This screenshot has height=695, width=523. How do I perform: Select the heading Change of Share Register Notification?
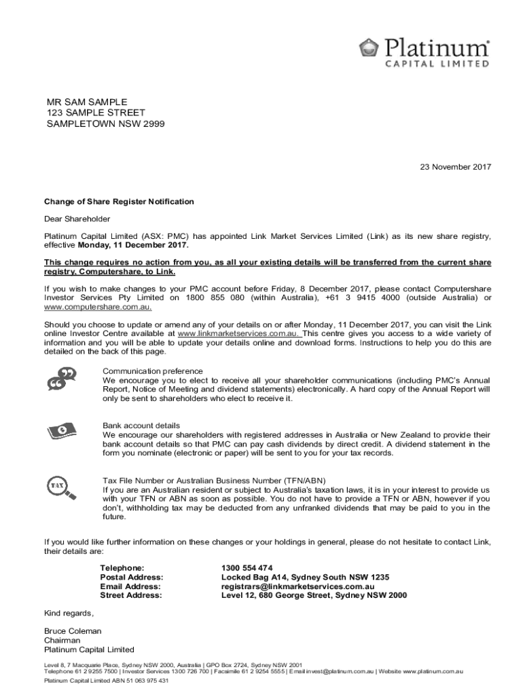pos(119,202)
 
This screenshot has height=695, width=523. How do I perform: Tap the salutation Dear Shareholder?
pos(77,219)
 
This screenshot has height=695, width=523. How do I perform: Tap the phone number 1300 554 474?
pos(247,567)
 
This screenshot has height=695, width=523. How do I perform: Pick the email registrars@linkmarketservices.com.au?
pos(298,586)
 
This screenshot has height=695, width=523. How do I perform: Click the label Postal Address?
pos(131,577)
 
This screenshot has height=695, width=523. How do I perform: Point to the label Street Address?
pos(131,595)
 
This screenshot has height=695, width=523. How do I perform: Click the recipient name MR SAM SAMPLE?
pos(87,102)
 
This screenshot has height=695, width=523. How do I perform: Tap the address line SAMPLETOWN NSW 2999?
pos(105,124)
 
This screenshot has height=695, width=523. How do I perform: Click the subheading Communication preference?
pos(152,371)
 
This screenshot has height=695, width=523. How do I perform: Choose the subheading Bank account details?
pos(141,426)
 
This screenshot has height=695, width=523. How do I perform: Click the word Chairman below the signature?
pos(62,640)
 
